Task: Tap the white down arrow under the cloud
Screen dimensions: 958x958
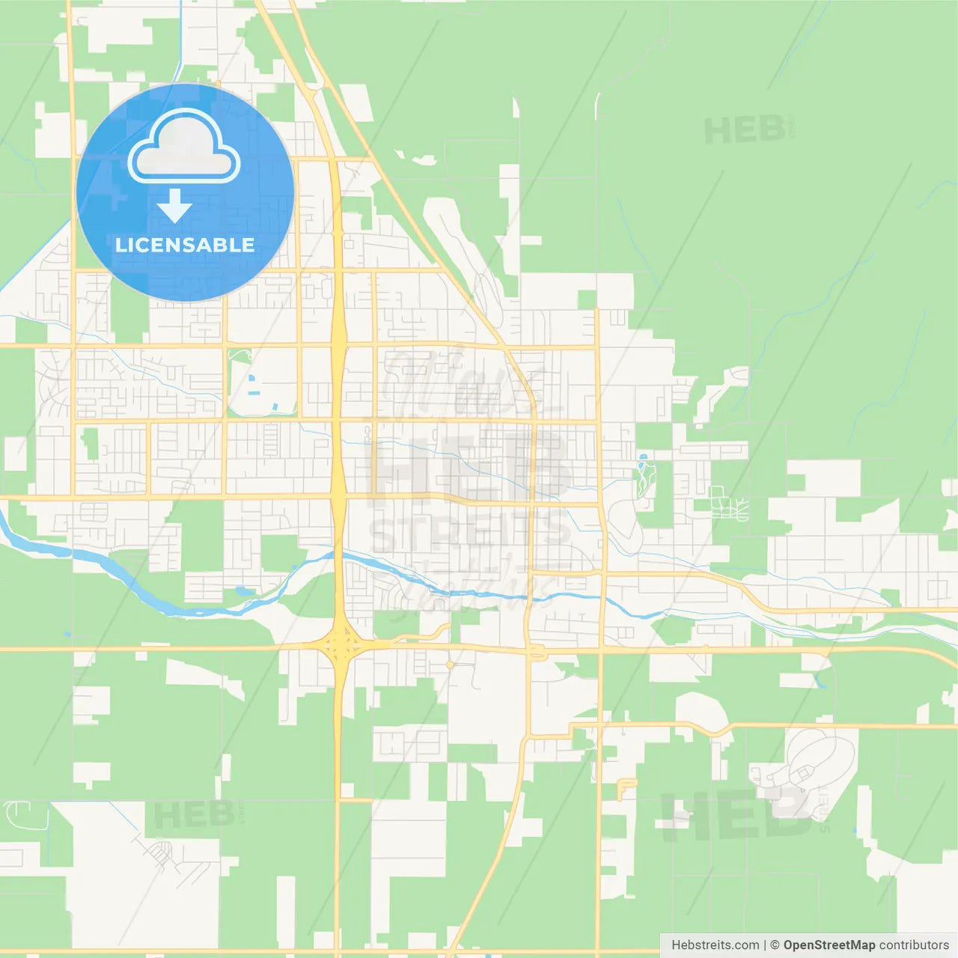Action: point(174,206)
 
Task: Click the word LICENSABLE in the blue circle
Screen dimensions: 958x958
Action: point(185,245)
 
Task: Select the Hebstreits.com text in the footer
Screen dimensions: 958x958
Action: point(715,945)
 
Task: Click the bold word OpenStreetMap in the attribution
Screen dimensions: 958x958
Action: point(829,945)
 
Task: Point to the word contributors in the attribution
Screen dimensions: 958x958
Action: point(914,945)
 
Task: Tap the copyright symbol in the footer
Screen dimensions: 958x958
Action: point(775,945)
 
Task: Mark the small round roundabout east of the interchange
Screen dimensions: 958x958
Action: point(449,664)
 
